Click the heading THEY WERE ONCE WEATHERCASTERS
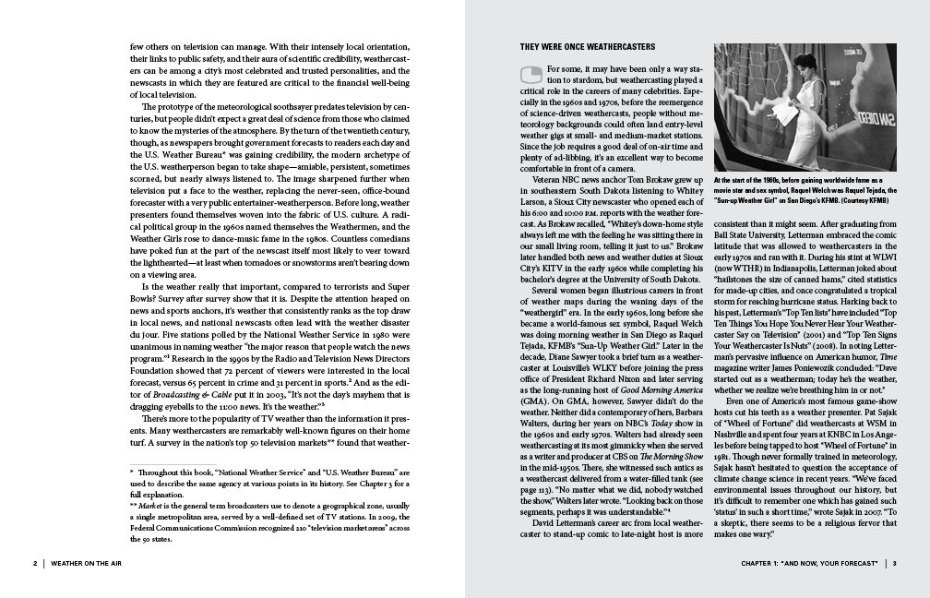coord(588,46)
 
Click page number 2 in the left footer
coord(34,562)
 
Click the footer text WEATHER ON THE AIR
coord(89,562)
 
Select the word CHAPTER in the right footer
coord(760,562)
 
